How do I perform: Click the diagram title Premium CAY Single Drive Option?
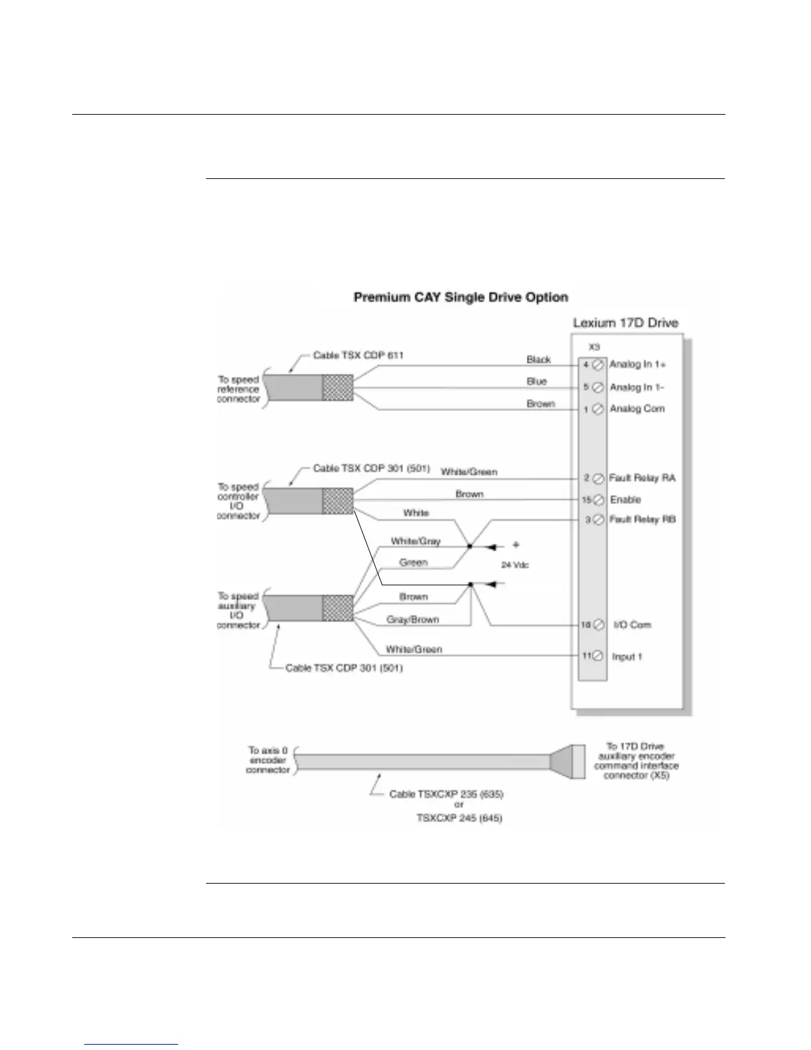460,297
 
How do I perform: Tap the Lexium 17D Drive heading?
625,323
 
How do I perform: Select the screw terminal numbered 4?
597,365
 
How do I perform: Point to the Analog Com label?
637,409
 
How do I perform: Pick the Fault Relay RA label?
642,478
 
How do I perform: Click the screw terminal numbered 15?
597,500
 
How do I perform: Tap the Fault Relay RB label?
642,520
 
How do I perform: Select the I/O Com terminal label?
632,624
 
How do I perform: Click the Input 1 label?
627,656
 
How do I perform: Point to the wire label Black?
539,359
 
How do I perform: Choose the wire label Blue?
537,382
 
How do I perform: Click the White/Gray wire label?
415,541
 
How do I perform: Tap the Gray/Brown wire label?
413,620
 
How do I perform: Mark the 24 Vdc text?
515,565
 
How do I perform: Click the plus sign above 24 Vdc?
516,545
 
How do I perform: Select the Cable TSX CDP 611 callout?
358,355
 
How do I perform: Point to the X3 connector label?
594,346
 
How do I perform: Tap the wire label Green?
413,563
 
